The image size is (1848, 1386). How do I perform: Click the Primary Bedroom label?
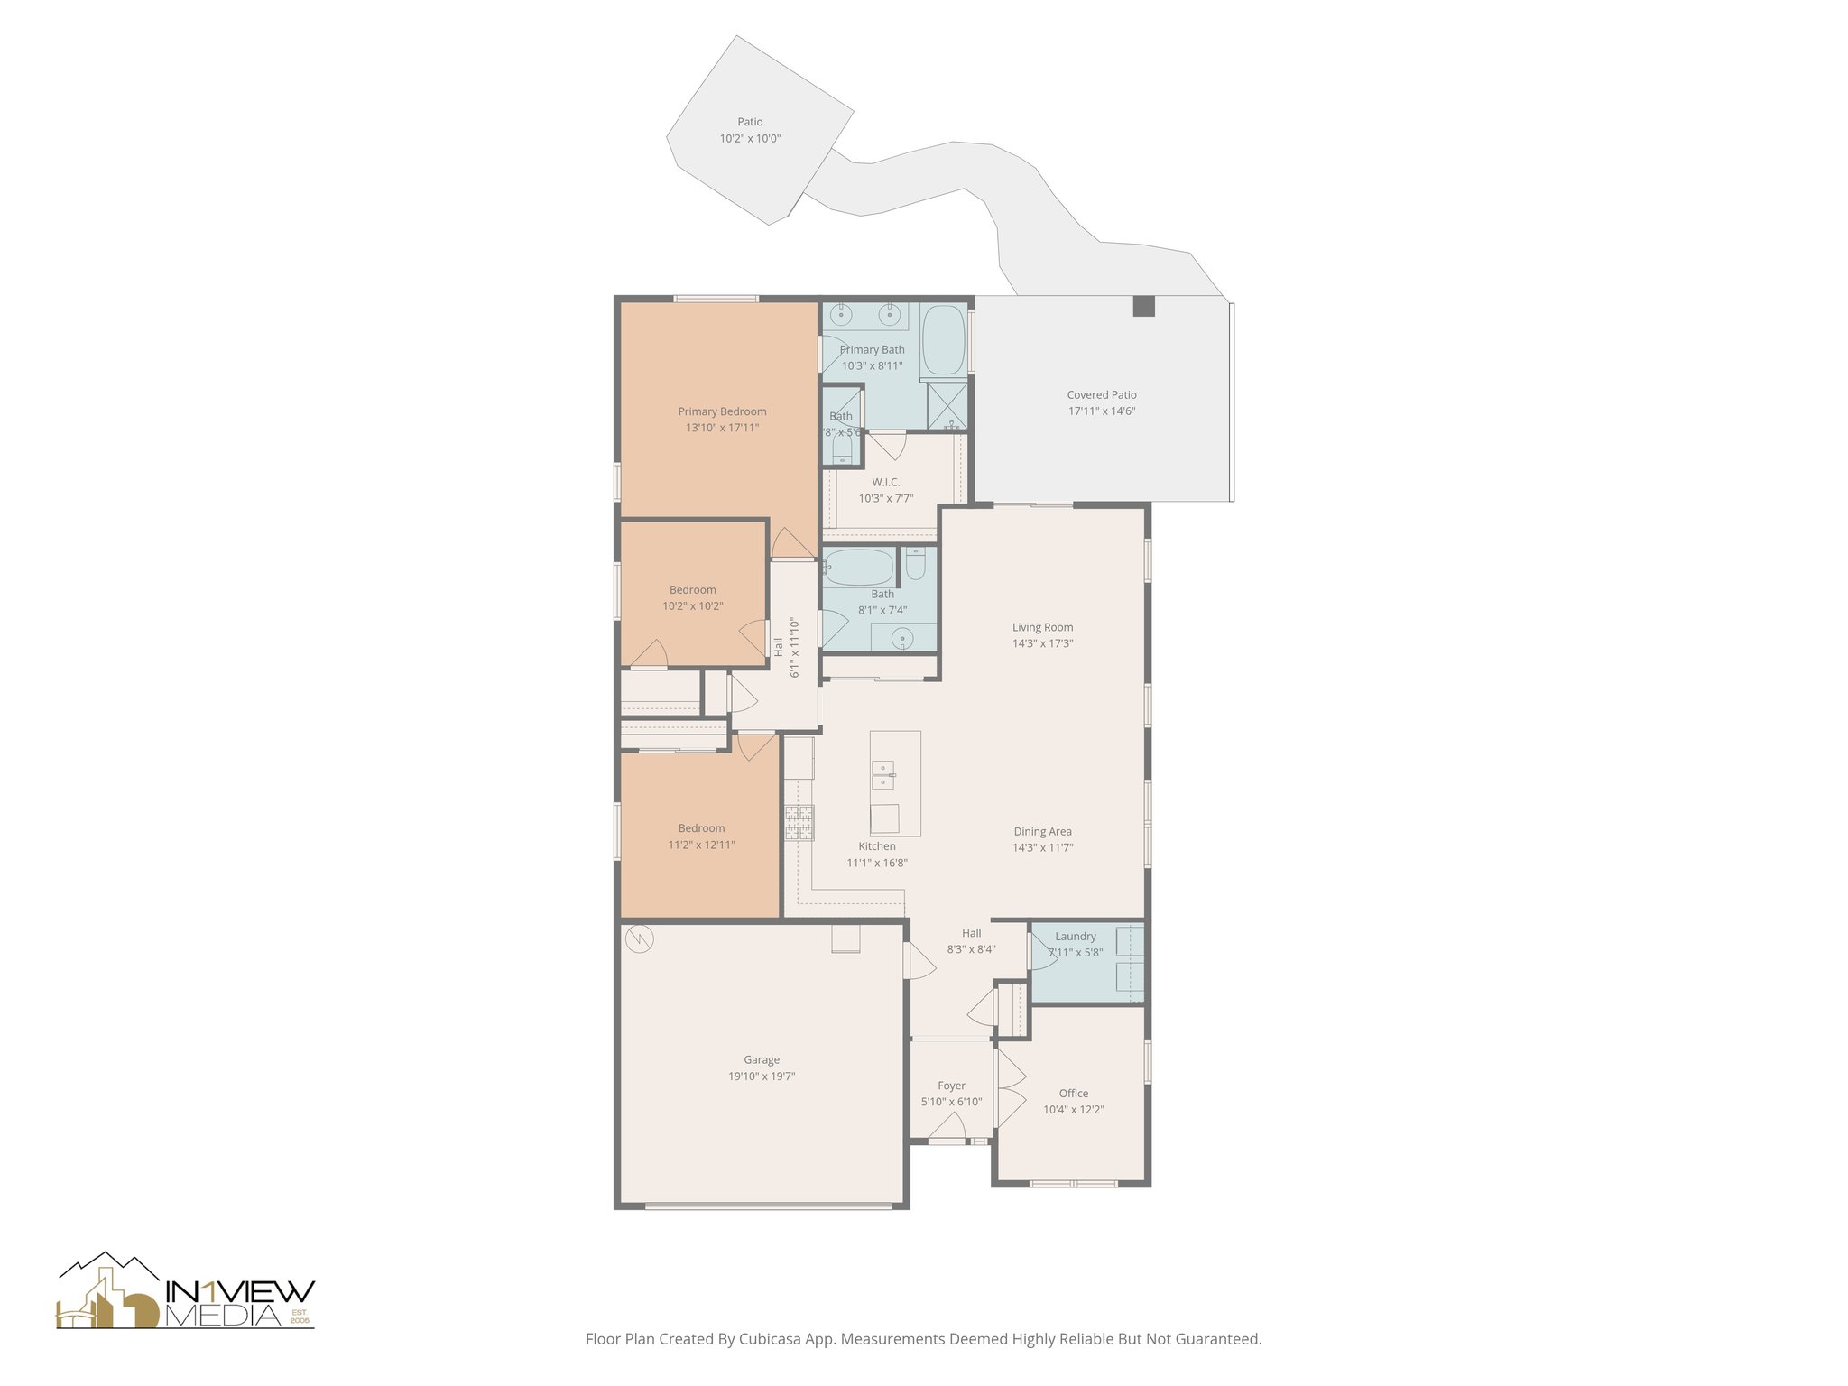tap(722, 411)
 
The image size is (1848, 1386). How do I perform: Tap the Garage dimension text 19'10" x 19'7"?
tap(762, 1076)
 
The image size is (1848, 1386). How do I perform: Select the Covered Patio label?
tap(1102, 394)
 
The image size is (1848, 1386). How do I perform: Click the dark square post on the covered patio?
tap(1143, 307)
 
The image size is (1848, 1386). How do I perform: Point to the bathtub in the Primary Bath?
tap(944, 340)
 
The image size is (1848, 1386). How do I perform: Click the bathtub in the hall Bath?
tap(858, 568)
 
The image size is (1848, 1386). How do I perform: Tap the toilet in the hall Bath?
tap(915, 565)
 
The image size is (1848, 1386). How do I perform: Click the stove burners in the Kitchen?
tap(799, 822)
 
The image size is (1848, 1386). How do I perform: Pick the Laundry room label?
tap(1075, 937)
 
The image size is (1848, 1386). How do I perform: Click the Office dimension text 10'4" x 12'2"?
tap(1074, 1110)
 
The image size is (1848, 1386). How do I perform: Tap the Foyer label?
tap(951, 1086)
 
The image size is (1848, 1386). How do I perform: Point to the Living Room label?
tap(1042, 627)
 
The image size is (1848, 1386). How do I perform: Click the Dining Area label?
tap(1042, 831)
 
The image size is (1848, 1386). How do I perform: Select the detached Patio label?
tap(750, 122)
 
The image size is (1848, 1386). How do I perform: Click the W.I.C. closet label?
tap(885, 482)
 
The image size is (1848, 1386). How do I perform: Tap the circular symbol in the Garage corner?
tap(639, 939)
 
